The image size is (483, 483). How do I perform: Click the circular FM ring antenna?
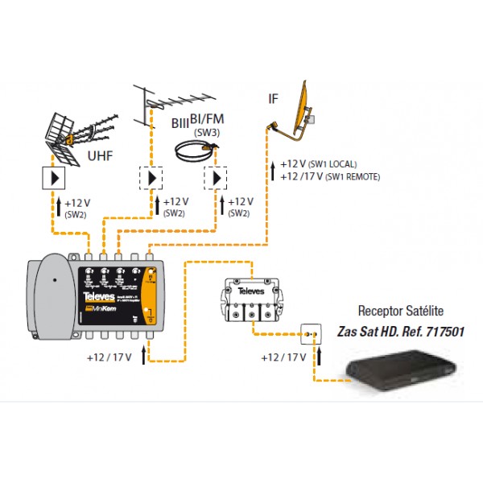[x=196, y=147]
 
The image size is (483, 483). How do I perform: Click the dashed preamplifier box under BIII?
[x=151, y=177]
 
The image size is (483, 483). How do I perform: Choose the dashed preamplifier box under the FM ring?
[x=215, y=177]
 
